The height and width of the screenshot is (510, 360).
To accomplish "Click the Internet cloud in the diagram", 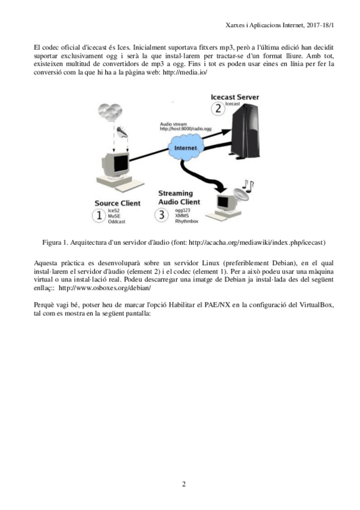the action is [x=186, y=148].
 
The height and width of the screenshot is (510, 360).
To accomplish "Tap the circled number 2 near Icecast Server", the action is [x=218, y=108].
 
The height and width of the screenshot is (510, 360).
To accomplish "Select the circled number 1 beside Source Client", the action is [x=99, y=215].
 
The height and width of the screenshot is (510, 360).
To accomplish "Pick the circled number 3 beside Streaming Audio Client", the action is [x=162, y=215].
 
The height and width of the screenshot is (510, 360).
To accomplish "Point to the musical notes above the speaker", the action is [x=249, y=186].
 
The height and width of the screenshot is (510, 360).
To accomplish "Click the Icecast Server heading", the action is [x=234, y=97].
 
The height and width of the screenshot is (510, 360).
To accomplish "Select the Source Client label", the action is [x=118, y=203].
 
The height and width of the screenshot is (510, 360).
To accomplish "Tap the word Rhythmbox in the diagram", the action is [x=186, y=221].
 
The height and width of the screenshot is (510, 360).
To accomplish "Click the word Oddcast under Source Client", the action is [x=117, y=221].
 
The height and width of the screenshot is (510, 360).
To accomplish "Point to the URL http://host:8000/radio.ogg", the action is [x=186, y=129].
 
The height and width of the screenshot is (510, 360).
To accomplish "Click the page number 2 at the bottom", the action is [x=184, y=484].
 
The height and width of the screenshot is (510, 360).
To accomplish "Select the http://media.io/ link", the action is [x=185, y=72].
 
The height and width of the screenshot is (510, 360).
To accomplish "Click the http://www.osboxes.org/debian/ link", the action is [x=105, y=288].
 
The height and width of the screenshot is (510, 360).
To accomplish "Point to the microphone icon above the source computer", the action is [x=123, y=132].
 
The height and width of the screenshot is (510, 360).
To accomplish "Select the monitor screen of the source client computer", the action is [x=120, y=164].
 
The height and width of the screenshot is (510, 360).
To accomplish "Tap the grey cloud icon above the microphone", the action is [x=110, y=112].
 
